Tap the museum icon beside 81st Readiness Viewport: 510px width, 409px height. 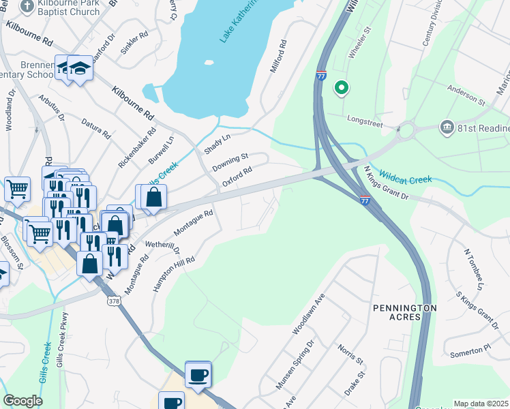click(447, 126)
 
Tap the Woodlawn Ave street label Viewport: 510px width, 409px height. click(309, 314)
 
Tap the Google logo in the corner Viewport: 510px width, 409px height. click(22, 401)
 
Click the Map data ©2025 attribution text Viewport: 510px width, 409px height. click(481, 404)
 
